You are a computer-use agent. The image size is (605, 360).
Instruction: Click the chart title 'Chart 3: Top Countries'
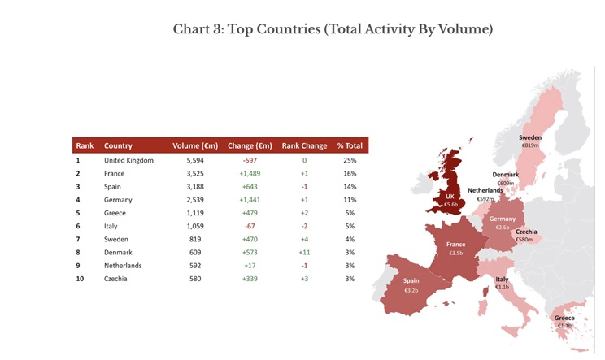(333, 30)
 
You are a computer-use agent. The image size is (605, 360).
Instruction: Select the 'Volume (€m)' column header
(195, 146)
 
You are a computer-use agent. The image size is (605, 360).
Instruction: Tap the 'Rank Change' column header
(304, 146)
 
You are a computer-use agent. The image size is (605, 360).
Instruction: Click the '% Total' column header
(350, 146)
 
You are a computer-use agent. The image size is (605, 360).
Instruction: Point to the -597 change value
(249, 161)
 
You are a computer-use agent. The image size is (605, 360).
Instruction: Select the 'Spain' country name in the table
(113, 187)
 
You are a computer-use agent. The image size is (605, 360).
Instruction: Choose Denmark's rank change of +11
(304, 252)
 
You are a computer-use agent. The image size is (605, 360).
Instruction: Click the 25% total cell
(350, 161)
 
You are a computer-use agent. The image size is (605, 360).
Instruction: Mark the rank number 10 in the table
(79, 278)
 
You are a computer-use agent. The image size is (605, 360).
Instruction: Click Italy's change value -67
(249, 226)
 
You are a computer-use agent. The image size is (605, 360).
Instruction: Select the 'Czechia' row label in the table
(117, 278)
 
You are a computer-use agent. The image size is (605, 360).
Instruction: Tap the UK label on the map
(450, 201)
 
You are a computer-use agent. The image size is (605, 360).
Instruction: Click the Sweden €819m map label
(530, 141)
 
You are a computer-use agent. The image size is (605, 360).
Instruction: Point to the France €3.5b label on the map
(456, 249)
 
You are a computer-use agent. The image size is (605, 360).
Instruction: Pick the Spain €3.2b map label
(411, 285)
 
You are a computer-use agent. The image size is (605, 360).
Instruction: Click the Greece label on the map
(564, 322)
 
